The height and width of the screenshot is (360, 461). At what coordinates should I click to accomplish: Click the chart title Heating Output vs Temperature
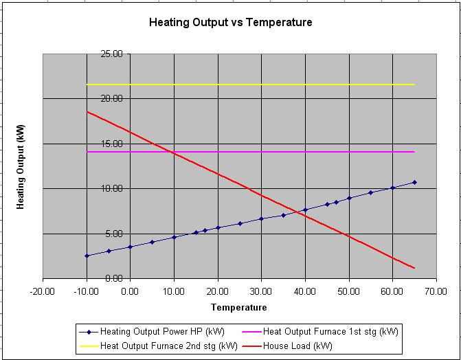pyautogui.click(x=230, y=23)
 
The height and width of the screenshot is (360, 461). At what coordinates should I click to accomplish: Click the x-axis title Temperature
pyautogui.click(x=238, y=307)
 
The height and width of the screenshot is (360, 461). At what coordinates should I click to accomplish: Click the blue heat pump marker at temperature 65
pyautogui.click(x=414, y=182)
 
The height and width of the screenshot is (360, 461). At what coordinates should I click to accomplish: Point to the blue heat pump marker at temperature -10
pyautogui.click(x=87, y=256)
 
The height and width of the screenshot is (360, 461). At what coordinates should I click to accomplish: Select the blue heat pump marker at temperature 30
pyautogui.click(x=261, y=218)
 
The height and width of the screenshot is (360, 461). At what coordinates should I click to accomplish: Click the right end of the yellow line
pyautogui.click(x=414, y=85)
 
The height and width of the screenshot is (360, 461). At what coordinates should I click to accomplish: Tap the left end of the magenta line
pyautogui.click(x=87, y=151)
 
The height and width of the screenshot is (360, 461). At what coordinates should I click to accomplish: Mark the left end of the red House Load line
pyautogui.click(x=87, y=111)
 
